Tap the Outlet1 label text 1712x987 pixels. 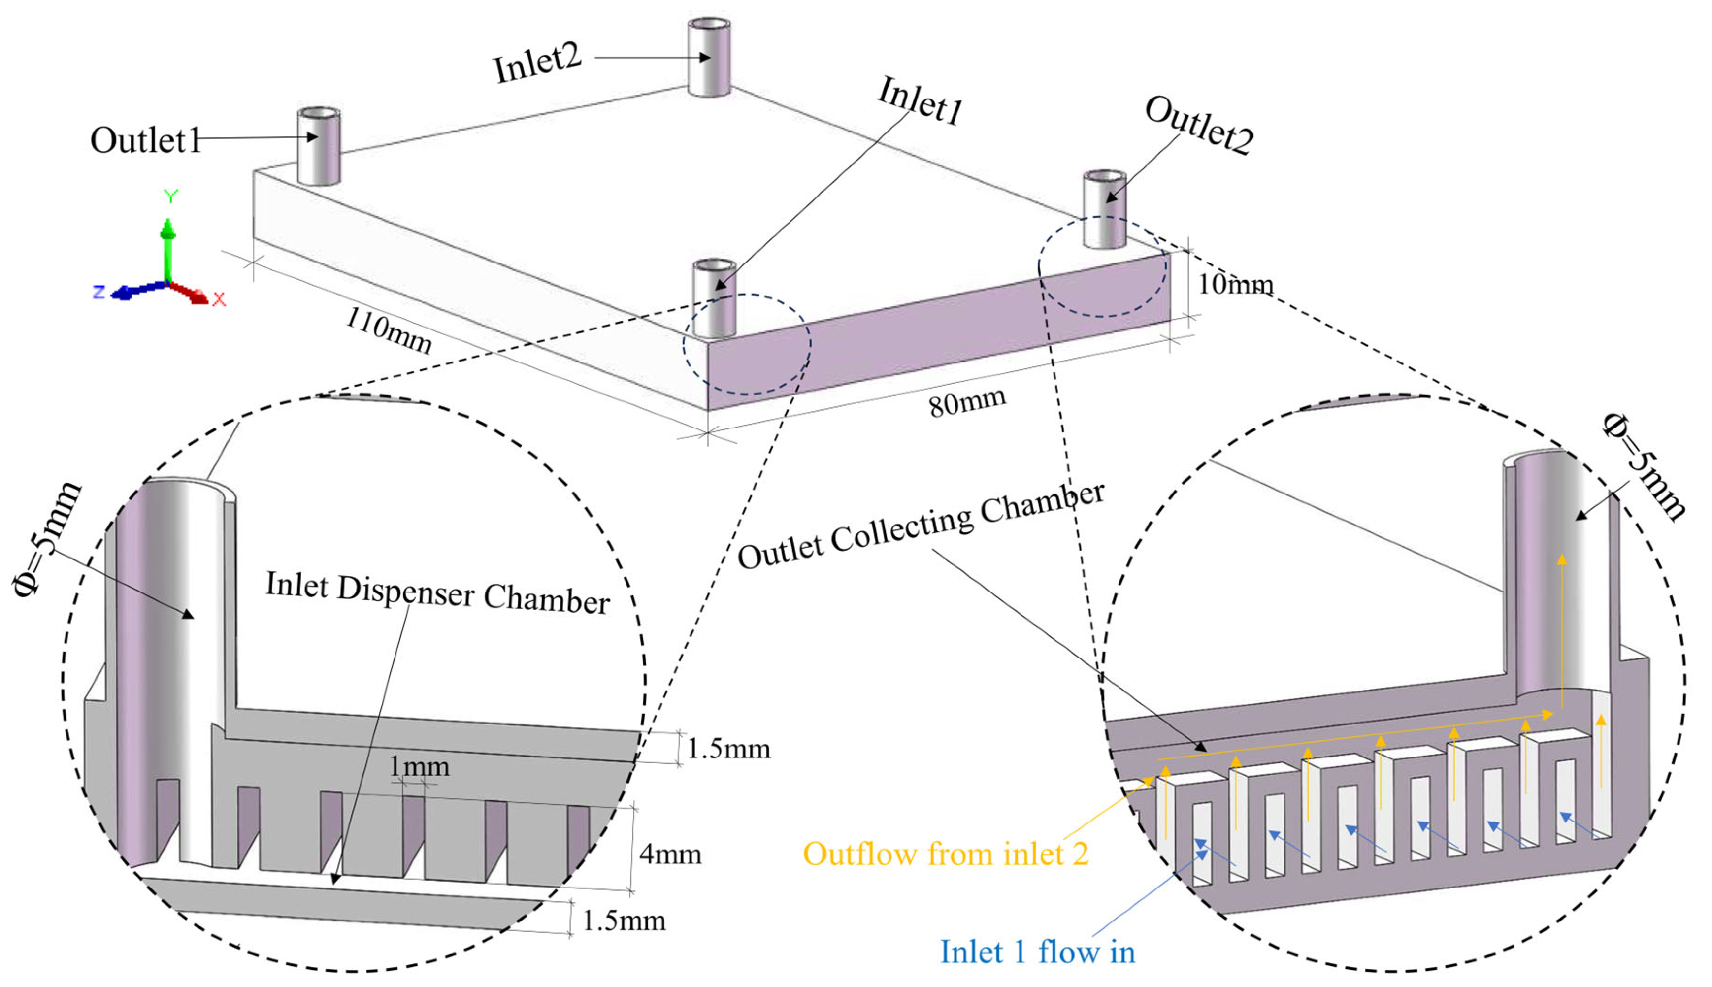click(x=145, y=141)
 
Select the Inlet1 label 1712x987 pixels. click(x=920, y=101)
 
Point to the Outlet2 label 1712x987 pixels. click(x=1198, y=126)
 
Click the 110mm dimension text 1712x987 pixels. click(x=388, y=331)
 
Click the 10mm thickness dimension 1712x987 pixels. click(x=1235, y=284)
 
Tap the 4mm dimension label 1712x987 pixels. click(x=670, y=854)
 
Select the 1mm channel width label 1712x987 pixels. click(x=419, y=767)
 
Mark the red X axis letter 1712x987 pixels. click(x=219, y=299)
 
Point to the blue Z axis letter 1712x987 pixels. click(x=99, y=292)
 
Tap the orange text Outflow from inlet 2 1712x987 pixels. click(x=946, y=854)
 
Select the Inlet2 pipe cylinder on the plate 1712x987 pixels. click(x=708, y=58)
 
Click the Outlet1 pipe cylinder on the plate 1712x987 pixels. click(x=319, y=146)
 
